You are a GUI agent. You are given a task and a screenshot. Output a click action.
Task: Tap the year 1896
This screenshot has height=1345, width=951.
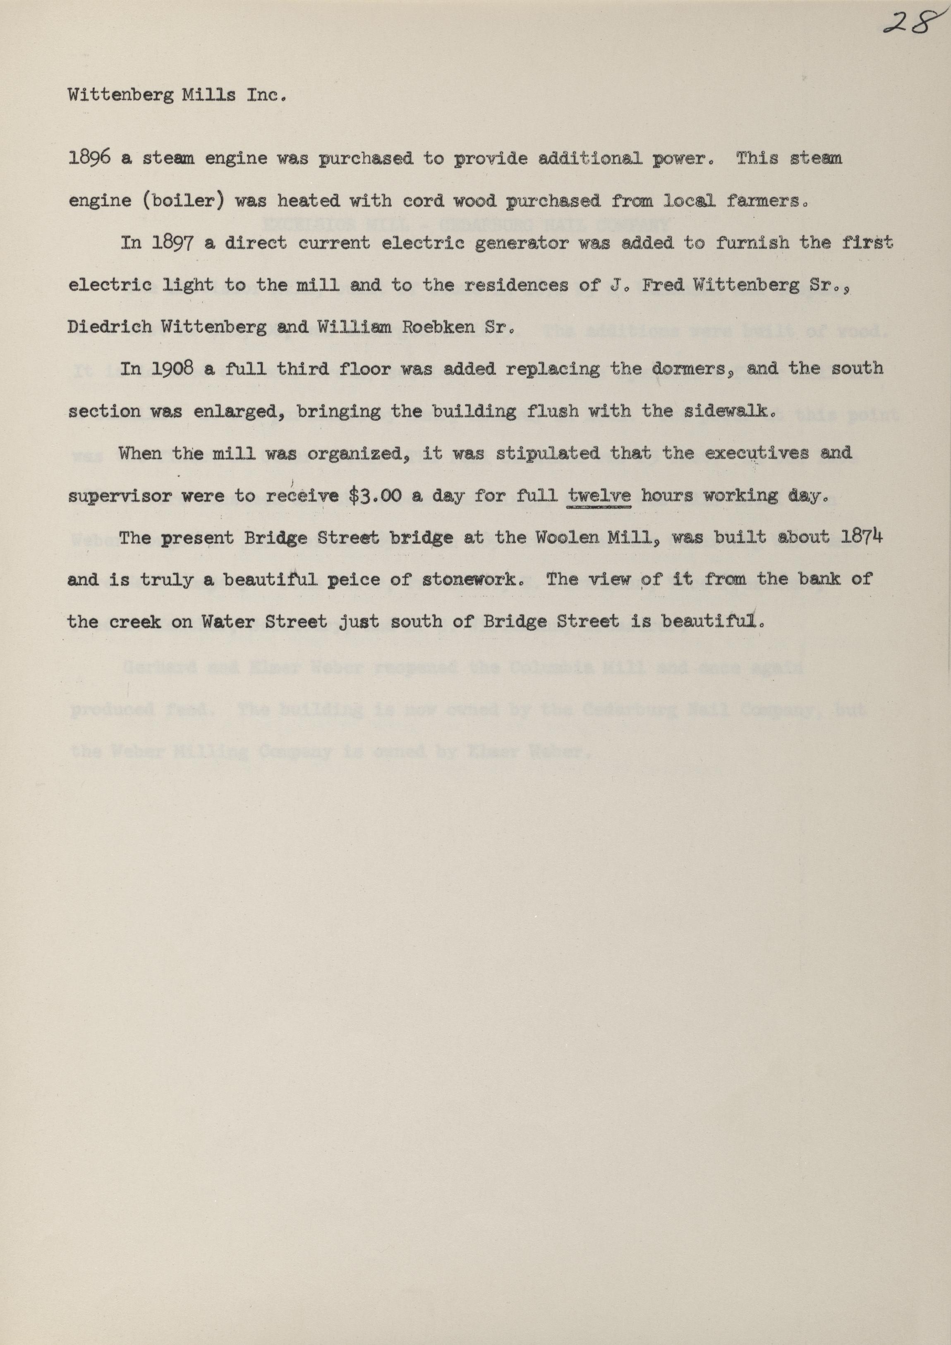(x=90, y=159)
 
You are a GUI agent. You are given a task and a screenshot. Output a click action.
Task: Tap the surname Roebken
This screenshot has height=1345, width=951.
(x=433, y=327)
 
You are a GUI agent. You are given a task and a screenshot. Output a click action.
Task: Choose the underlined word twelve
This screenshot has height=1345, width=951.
(x=599, y=496)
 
